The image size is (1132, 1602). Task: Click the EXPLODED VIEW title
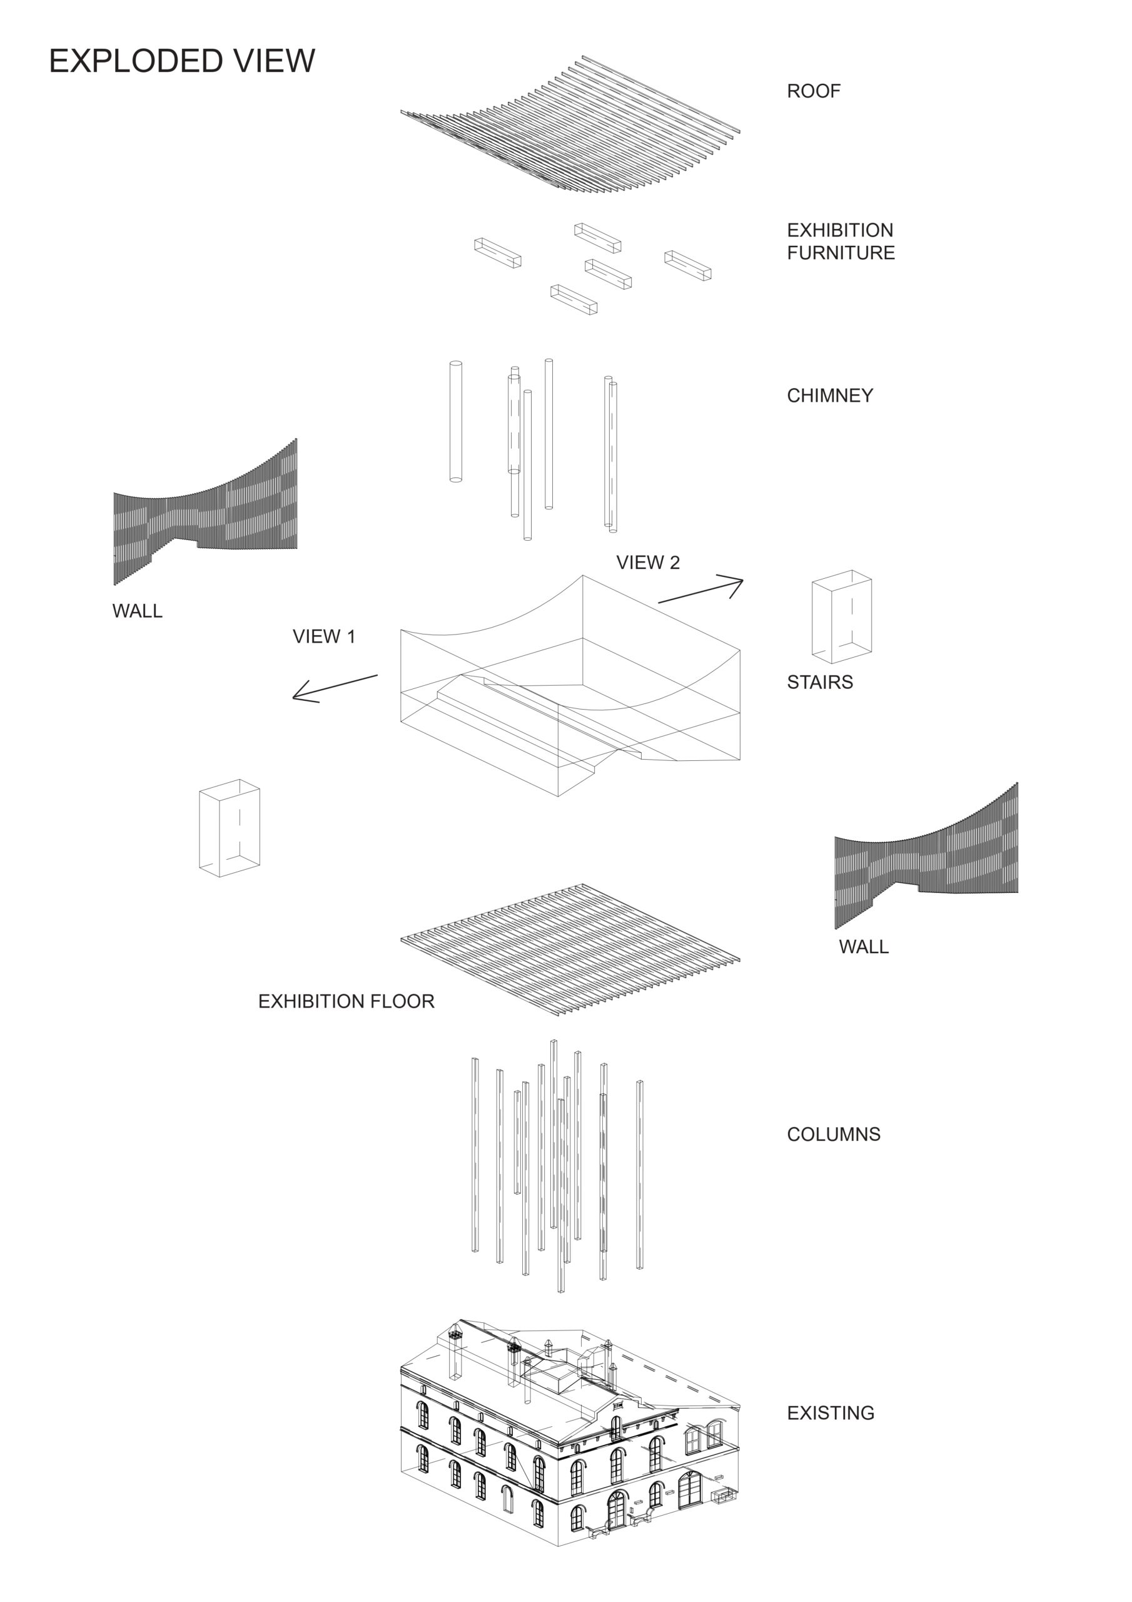coord(181,61)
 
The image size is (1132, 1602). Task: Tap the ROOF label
coord(813,91)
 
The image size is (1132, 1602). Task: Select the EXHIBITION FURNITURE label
coord(840,242)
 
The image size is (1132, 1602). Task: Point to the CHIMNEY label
coord(829,395)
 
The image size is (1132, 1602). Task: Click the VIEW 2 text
coord(647,563)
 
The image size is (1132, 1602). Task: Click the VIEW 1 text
coord(323,636)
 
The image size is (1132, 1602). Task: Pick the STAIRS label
coord(819,681)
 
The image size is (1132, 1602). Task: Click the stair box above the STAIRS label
coord(841,616)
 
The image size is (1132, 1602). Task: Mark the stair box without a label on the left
coord(230,827)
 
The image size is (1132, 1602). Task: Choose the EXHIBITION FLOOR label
coord(346,1001)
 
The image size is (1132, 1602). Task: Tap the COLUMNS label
coord(834,1134)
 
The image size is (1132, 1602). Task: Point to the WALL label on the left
coord(138,611)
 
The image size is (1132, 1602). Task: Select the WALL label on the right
coord(864,946)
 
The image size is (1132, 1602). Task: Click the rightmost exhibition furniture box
coord(688,265)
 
